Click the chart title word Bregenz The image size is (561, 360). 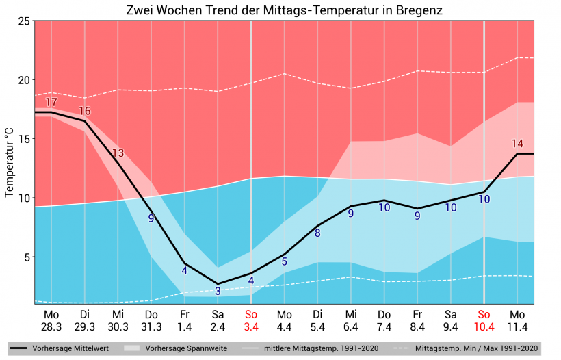pyautogui.click(x=418, y=11)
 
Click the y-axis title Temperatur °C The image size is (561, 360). pyautogui.click(x=10, y=162)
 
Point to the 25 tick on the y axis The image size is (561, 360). pyautogui.click(x=23, y=21)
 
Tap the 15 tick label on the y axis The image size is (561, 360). pyautogui.click(x=23, y=139)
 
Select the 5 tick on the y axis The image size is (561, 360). pyautogui.click(x=25, y=257)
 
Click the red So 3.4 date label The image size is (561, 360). pyautogui.click(x=251, y=320)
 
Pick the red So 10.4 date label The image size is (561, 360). pyautogui.click(x=484, y=320)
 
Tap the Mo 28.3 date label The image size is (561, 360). pyautogui.click(x=51, y=320)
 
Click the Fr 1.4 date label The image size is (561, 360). pyautogui.click(x=184, y=320)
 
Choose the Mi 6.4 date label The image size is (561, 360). pyautogui.click(x=351, y=320)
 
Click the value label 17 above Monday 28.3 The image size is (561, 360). pyautogui.click(x=51, y=103)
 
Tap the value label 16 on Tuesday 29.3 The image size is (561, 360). pyautogui.click(x=85, y=111)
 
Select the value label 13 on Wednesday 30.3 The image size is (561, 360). pyautogui.click(x=118, y=153)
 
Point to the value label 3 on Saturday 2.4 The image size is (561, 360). pyautogui.click(x=218, y=291)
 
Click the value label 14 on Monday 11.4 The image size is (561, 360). pyautogui.click(x=517, y=144)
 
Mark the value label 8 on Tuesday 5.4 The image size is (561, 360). pyautogui.click(x=317, y=233)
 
